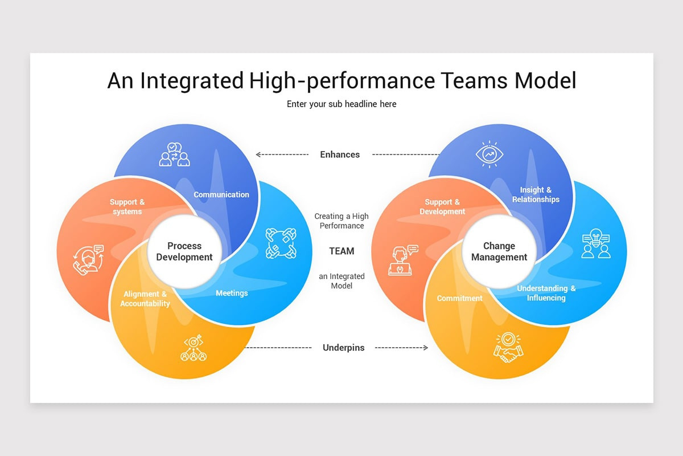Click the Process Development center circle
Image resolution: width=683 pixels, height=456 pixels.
184,252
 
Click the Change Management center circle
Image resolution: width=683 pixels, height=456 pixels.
499,252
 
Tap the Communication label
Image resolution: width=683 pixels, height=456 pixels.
221,194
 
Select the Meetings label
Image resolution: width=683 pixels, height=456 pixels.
232,293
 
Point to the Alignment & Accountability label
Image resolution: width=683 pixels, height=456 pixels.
145,299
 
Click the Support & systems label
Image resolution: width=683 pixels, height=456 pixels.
127,206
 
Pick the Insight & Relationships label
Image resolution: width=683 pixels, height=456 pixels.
536,194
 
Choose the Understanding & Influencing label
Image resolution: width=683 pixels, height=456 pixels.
546,293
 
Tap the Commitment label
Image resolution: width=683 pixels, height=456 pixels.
459,298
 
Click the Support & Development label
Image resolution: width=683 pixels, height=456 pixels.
442,206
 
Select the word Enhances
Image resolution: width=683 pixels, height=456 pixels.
340,154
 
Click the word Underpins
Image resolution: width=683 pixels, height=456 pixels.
343,347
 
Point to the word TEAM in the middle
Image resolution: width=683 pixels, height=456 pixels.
341,251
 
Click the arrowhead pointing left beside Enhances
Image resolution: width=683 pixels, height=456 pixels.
258,154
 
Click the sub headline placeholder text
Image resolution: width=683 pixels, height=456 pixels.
341,104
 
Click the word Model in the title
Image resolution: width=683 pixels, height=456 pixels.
545,80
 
